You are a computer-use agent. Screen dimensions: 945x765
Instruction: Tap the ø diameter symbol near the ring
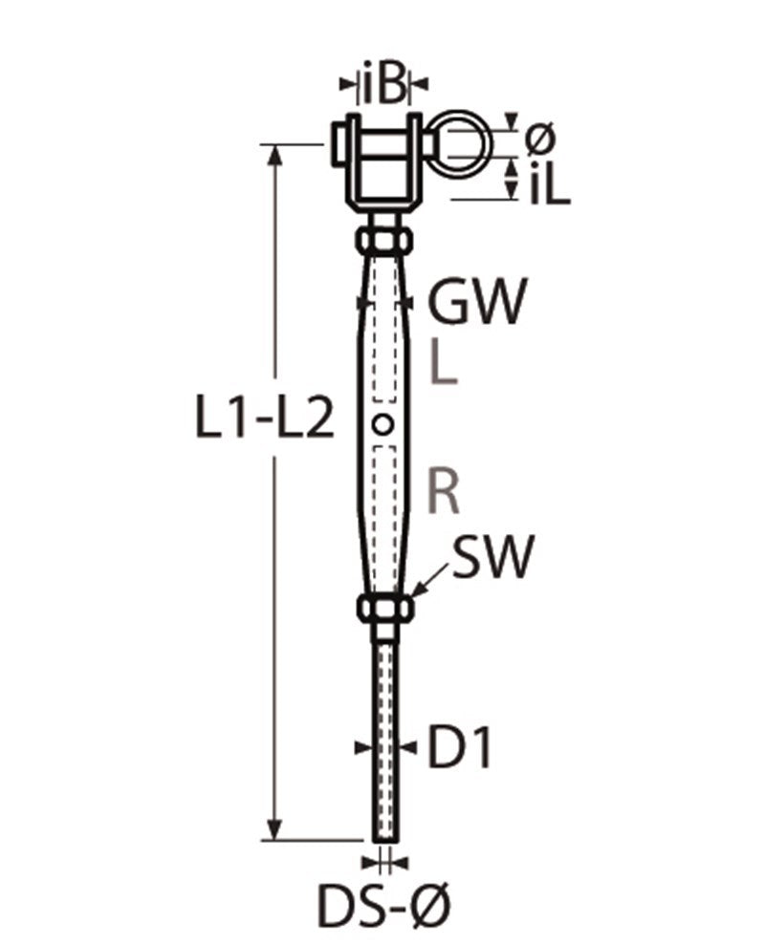(x=539, y=140)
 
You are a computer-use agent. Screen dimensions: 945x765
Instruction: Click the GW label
(x=476, y=302)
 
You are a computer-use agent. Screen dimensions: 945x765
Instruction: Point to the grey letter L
(x=445, y=364)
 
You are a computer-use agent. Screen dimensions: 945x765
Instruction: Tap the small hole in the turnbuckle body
(x=383, y=423)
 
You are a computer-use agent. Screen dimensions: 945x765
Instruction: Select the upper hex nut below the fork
(x=383, y=239)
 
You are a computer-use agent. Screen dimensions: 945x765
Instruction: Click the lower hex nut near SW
(x=384, y=608)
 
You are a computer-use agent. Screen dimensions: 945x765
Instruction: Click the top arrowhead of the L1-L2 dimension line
(x=276, y=153)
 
